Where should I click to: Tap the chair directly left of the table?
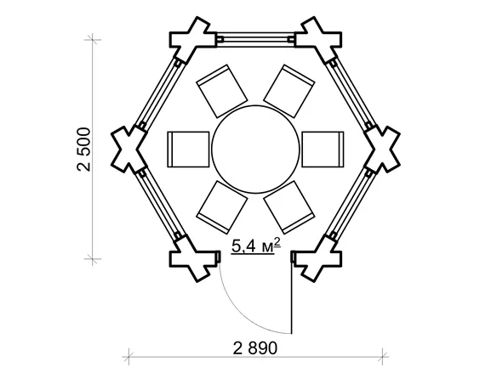188,150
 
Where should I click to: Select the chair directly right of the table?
323,150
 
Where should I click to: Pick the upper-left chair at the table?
222,91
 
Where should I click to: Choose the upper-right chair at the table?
289,91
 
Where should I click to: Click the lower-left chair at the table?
222,207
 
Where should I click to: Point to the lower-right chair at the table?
289,207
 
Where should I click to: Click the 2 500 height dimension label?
83,150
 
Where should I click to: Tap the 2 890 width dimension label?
255,348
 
